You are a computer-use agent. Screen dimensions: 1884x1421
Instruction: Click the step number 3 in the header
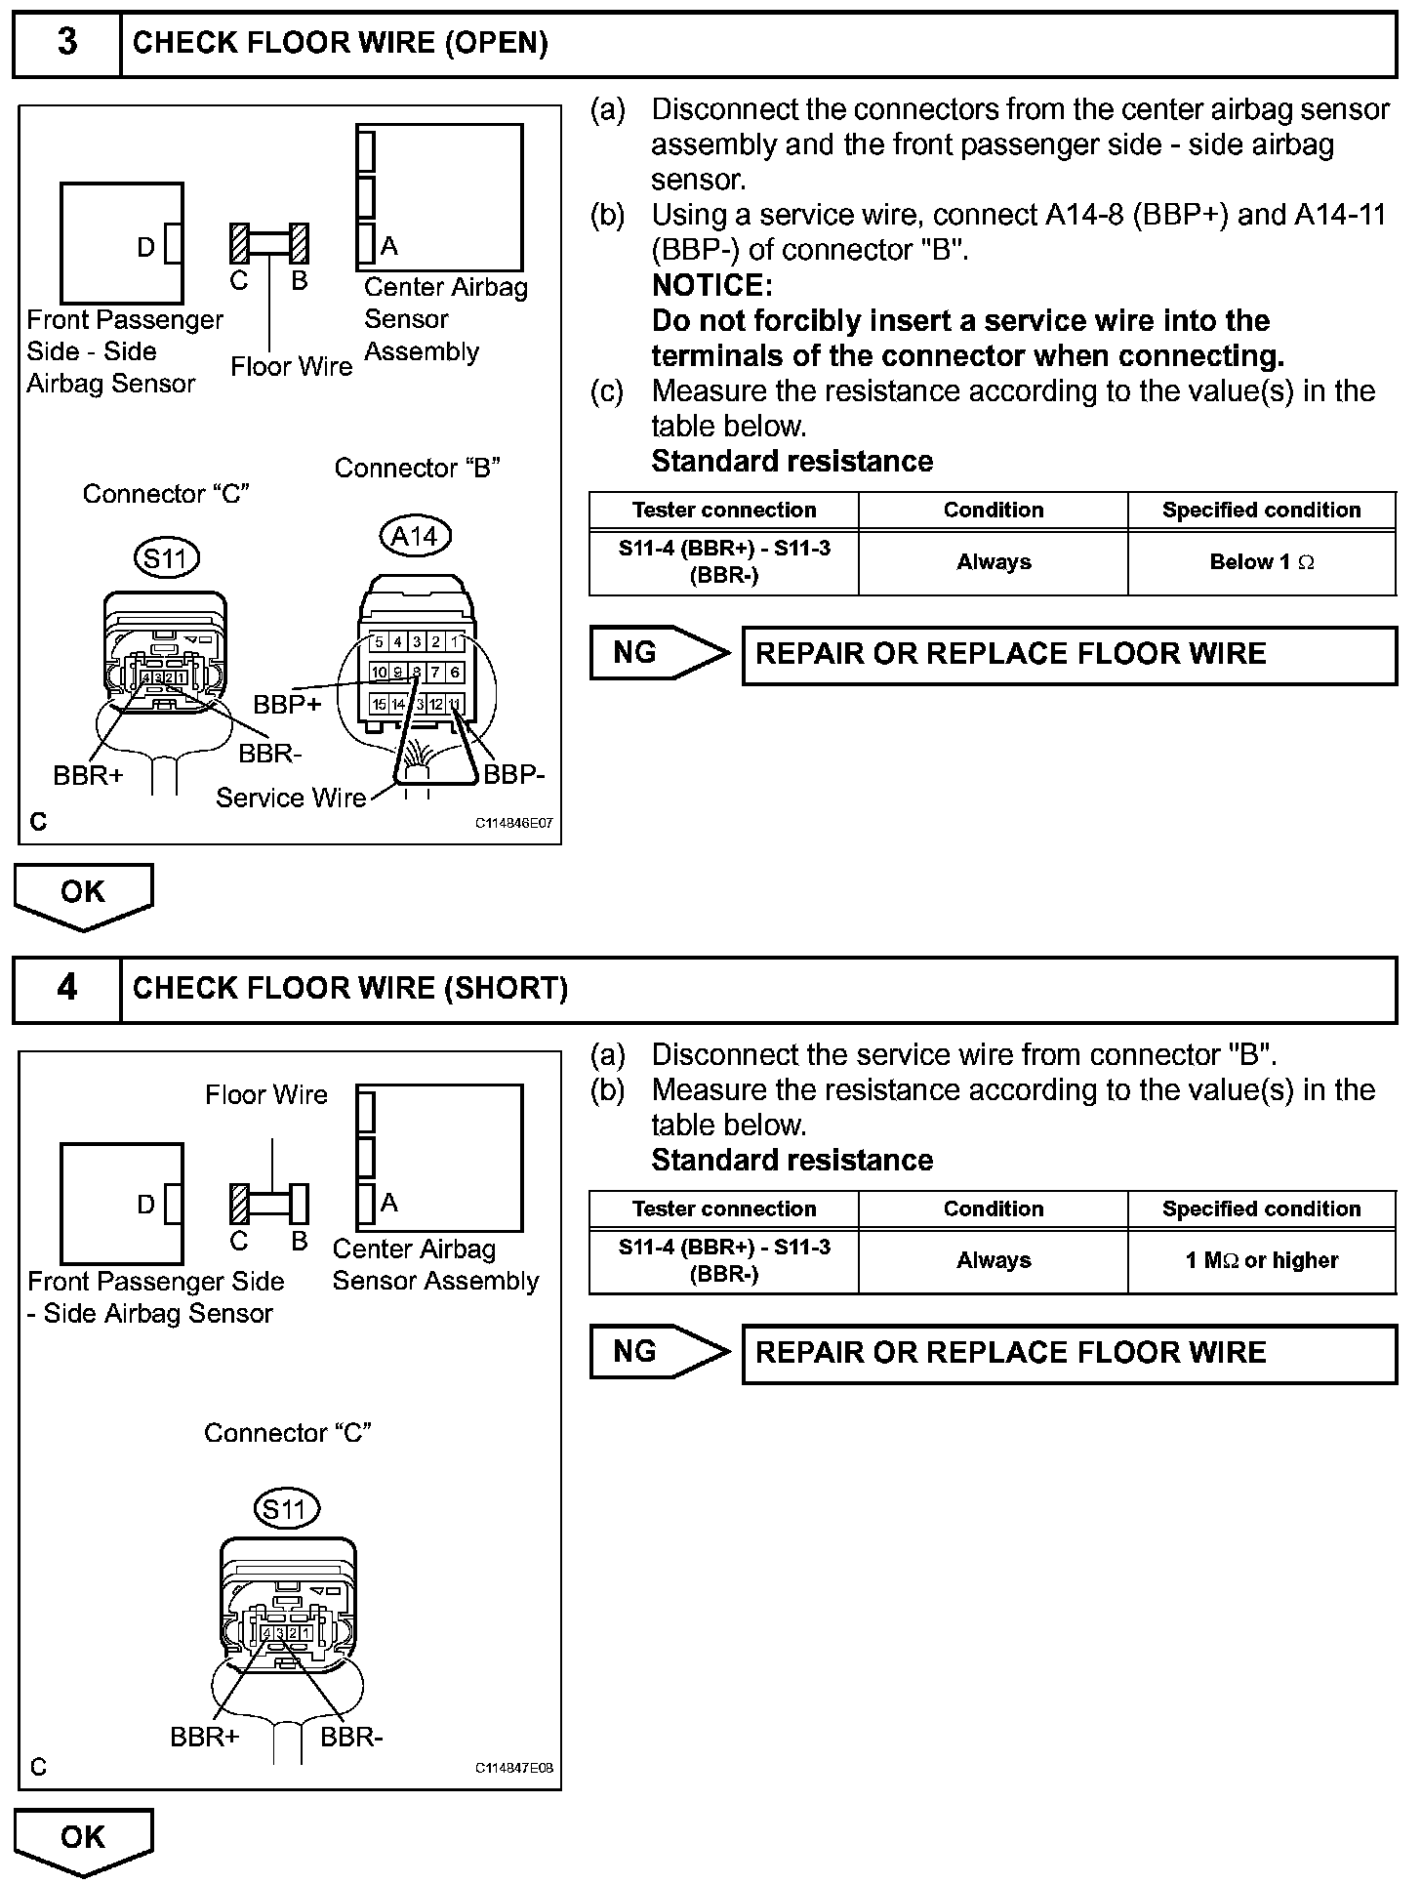[67, 43]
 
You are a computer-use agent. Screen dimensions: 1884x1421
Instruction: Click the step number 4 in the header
[67, 988]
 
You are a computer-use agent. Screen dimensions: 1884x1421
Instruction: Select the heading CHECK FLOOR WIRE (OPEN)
[340, 43]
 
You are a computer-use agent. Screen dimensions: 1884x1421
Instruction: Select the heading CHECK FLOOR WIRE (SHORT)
[349, 988]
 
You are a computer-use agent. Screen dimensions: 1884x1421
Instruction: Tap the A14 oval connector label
[415, 536]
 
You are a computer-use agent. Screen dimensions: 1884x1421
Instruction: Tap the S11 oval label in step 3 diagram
[166, 559]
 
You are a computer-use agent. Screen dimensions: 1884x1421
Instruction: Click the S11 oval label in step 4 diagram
[286, 1510]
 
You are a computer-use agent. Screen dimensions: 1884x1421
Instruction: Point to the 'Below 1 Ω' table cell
[1261, 562]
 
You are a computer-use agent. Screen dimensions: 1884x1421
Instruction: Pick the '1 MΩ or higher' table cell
[1261, 1260]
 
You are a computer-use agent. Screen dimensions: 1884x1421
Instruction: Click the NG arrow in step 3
[659, 653]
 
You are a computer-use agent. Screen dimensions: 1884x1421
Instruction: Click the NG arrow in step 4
[659, 1352]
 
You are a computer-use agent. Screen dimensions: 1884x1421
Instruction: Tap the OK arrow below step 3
[83, 893]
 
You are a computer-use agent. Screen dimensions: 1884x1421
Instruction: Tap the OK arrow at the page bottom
[83, 1838]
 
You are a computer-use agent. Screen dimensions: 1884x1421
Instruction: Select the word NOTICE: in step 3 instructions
[711, 286]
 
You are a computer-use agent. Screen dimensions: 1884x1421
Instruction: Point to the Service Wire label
[290, 799]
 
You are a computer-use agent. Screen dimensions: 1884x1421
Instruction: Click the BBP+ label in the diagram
[287, 704]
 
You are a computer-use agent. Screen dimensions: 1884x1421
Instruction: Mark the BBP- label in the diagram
[514, 775]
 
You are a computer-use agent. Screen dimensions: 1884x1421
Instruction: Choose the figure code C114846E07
[513, 823]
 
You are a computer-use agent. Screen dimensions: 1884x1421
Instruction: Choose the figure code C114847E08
[513, 1768]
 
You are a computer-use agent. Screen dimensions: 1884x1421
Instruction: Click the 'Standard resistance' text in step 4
[792, 1161]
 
